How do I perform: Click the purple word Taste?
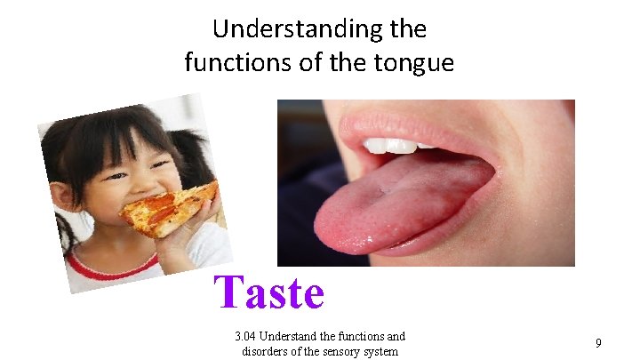point(270,292)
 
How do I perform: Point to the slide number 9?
point(598,342)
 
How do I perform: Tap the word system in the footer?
point(380,350)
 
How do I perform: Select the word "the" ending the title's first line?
point(409,29)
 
